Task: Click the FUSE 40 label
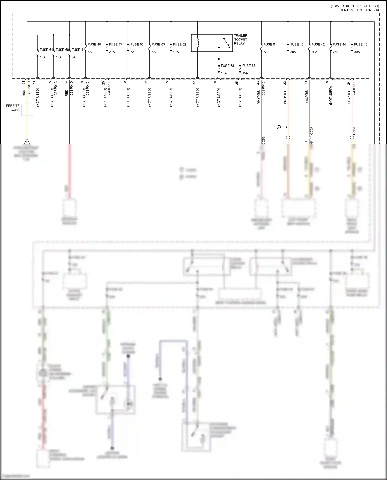(x=94, y=44)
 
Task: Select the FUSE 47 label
(x=115, y=44)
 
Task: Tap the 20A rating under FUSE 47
(x=112, y=52)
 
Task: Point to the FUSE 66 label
(x=137, y=44)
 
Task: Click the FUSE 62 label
(x=179, y=44)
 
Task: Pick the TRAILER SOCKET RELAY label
(x=240, y=39)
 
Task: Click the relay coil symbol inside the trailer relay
(x=198, y=43)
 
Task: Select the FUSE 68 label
(x=227, y=66)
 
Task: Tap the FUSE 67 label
(x=249, y=66)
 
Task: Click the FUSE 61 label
(x=270, y=44)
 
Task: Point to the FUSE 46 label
(x=297, y=44)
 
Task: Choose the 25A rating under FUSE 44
(x=335, y=52)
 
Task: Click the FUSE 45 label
(x=360, y=44)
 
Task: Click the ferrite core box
(x=27, y=110)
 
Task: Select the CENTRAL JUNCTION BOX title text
(x=359, y=10)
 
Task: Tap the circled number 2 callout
(x=279, y=127)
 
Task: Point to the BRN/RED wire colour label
(x=285, y=97)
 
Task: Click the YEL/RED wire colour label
(x=306, y=97)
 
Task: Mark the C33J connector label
(x=354, y=131)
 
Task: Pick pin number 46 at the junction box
(x=258, y=83)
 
